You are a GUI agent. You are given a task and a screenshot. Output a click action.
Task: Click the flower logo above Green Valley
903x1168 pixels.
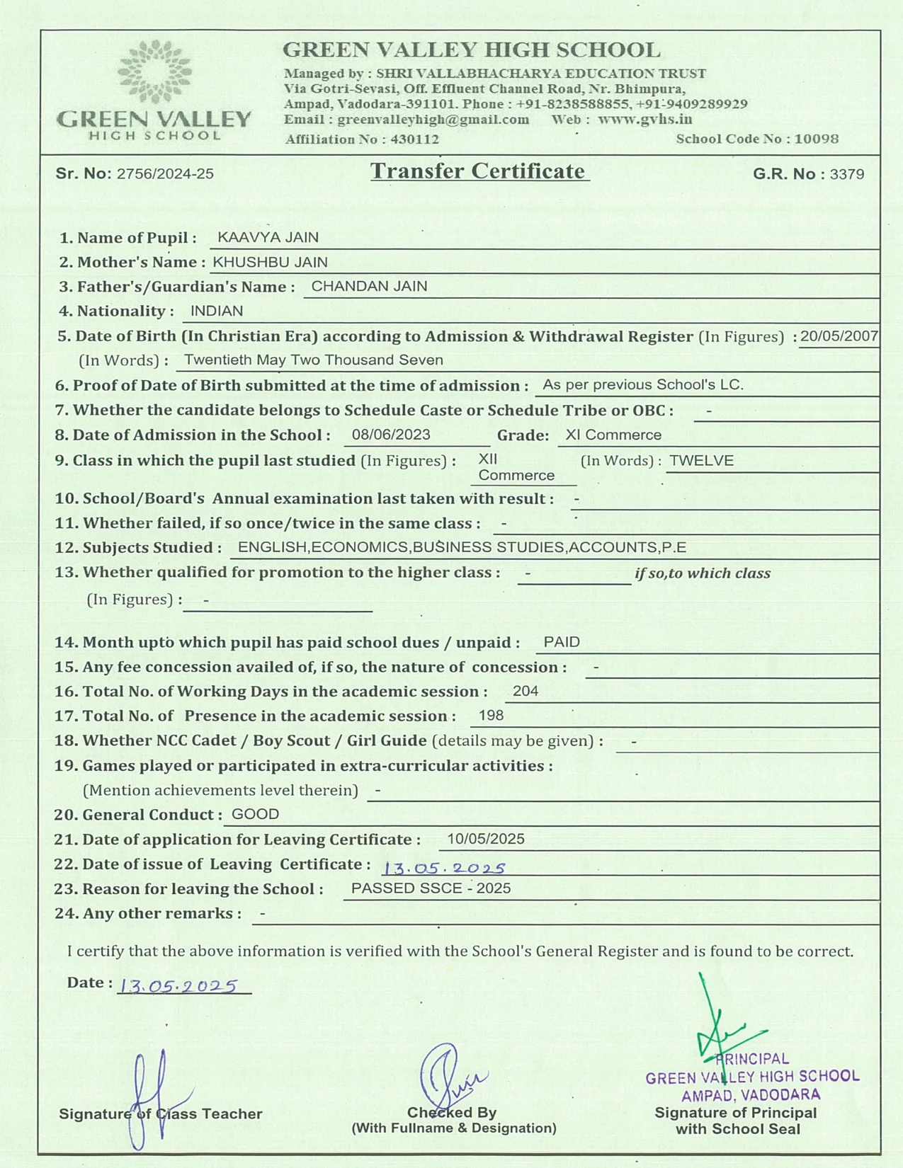click(154, 71)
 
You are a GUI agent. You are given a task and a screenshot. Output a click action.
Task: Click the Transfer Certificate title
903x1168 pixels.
click(478, 171)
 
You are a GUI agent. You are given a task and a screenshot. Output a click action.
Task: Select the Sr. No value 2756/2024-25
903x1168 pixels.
click(165, 174)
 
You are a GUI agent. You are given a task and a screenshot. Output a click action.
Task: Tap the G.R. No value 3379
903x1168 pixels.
click(846, 174)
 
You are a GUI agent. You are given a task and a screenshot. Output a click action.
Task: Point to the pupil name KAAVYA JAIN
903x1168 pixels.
click(268, 237)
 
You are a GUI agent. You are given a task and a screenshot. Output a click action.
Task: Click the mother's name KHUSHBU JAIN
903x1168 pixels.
click(270, 262)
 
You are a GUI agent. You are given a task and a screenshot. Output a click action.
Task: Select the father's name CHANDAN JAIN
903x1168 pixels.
click(369, 286)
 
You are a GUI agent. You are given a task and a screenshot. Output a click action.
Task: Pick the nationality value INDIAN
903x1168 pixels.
click(217, 311)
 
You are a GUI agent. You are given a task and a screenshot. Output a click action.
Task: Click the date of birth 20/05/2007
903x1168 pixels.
click(839, 336)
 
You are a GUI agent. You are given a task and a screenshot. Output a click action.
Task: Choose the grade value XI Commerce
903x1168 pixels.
click(613, 435)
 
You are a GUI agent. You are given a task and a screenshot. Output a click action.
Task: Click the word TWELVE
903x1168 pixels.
click(701, 461)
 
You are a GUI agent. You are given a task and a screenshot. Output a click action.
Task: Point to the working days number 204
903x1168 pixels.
click(526, 691)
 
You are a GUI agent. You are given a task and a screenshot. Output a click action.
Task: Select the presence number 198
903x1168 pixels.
click(491, 716)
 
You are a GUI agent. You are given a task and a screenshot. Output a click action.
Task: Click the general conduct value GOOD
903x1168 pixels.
click(255, 814)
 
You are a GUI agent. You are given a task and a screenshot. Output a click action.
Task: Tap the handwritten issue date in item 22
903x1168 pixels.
click(444, 868)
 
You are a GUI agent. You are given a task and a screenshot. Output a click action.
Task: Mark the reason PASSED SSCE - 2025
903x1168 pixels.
click(431, 888)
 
